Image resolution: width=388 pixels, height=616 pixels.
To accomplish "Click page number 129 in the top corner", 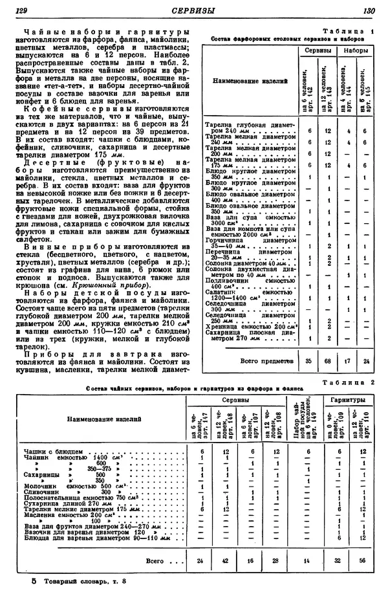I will click(x=22, y=11).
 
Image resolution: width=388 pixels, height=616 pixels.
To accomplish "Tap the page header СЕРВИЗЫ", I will click(x=195, y=11).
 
